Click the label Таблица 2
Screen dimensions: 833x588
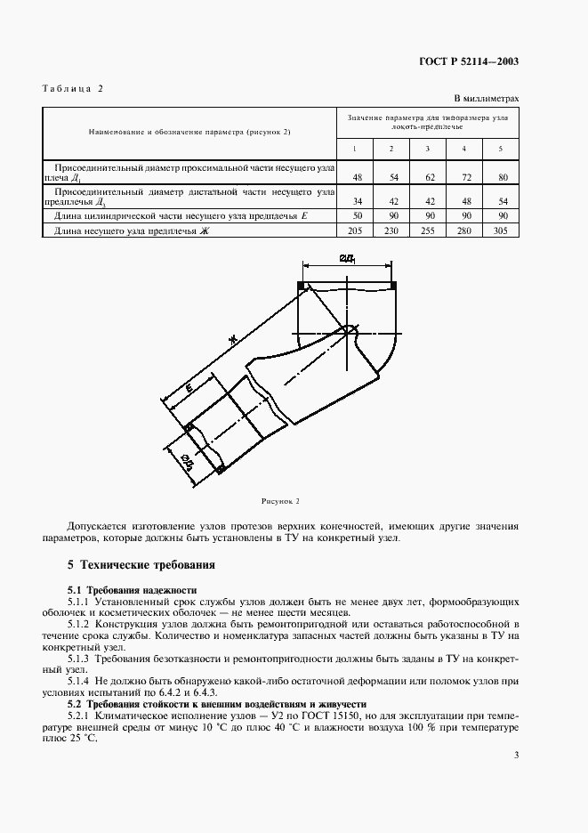click(x=73, y=89)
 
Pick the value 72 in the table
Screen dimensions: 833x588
click(x=463, y=178)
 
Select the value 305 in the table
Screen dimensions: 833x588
click(x=500, y=230)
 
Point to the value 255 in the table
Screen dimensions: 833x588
click(x=427, y=230)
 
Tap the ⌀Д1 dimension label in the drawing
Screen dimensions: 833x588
click(x=348, y=259)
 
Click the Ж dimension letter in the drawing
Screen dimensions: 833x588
click(x=232, y=339)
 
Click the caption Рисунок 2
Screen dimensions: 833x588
click(x=279, y=502)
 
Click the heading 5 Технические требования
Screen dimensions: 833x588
click(x=141, y=565)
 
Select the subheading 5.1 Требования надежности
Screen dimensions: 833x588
click(x=133, y=590)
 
